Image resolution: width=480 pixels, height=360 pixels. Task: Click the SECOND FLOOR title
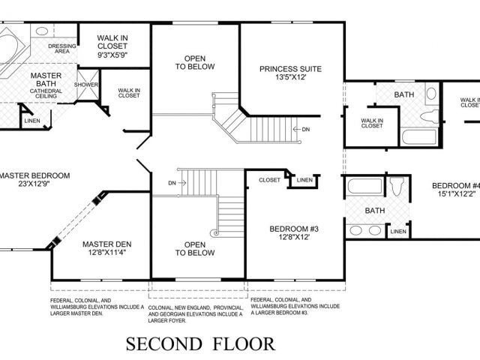pos(200,343)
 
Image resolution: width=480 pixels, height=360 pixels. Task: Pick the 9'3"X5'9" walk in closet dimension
pos(112,55)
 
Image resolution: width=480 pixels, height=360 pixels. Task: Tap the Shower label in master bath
pos(86,85)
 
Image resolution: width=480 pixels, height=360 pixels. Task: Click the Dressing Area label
pos(62,49)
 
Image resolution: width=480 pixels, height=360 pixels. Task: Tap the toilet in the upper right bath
pos(429,116)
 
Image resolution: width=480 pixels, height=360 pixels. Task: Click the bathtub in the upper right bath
pos(418,137)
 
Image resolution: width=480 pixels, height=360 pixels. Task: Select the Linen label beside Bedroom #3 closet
pos(304,180)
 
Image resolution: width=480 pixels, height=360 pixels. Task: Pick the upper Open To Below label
pos(195,62)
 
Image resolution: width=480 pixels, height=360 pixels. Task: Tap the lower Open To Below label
pos(195,248)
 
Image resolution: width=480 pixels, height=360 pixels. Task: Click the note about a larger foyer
pos(196,314)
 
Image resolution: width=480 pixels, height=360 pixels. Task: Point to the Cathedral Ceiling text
pos(46,93)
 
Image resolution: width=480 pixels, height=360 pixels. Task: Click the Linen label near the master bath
pos(32,121)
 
